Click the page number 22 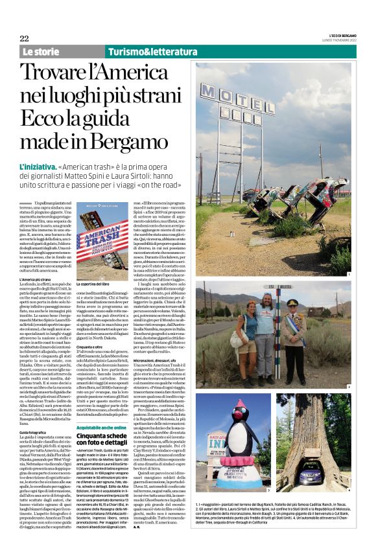pos(24,38)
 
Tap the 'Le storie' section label pos(41,52)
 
